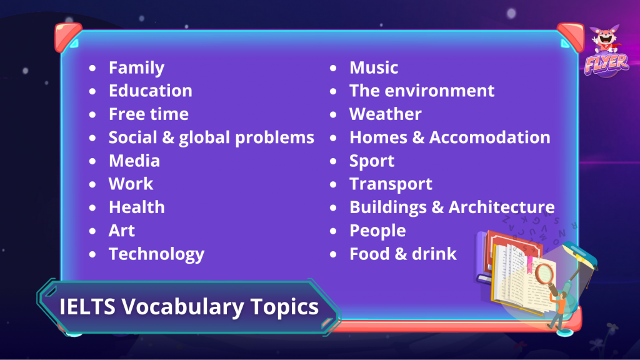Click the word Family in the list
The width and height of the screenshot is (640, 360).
pos(136,68)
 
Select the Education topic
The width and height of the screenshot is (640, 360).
pos(150,91)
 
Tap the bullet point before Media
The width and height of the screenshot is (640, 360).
pos(92,161)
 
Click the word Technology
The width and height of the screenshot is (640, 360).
pos(156,254)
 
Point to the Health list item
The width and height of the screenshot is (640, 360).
pos(137,207)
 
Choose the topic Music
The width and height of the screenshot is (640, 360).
pos(374,67)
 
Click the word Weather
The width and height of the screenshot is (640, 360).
pos(385,114)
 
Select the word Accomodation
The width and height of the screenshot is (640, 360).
pos(490,137)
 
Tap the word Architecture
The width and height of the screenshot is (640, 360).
pos(502,207)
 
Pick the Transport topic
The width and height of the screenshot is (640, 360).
pos(391,184)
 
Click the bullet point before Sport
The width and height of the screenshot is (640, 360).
pos(333,161)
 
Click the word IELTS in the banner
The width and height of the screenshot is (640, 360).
pos(87,306)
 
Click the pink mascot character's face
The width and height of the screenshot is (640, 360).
pos(605,37)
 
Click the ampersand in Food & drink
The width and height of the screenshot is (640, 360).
pos(401,254)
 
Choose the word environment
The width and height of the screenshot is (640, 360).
pos(439,91)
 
